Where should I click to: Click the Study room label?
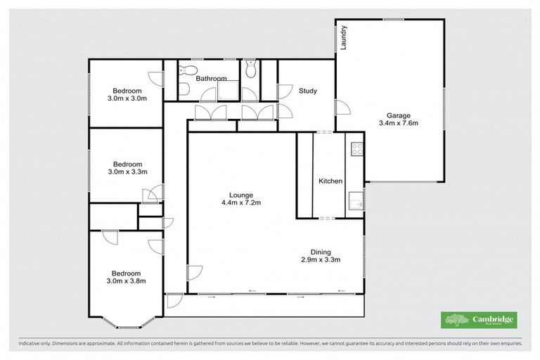pos(307,91)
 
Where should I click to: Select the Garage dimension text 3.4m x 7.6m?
pos(399,124)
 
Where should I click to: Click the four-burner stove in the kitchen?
pos(356,148)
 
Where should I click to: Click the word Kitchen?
pos(330,181)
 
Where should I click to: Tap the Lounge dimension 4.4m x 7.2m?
pos(240,204)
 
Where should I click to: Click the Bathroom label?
pos(211,79)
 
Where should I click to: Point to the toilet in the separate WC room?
pos(252,69)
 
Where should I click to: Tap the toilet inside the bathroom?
pos(186,70)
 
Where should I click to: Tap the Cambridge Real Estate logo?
pos(478,320)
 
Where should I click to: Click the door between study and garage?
pos(342,108)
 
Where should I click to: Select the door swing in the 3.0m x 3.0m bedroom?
pos(155,79)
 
